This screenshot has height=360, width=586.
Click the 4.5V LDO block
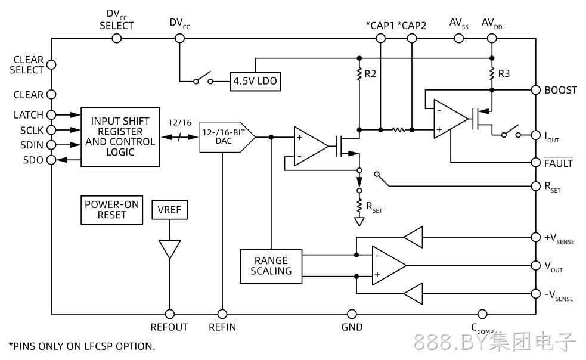click(x=255, y=81)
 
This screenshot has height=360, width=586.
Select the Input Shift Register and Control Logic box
click(x=120, y=137)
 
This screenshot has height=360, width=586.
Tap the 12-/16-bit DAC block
click(x=227, y=137)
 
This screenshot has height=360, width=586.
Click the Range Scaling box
click(x=271, y=266)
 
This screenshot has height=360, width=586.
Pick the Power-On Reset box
click(x=111, y=210)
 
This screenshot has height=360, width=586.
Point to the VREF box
click(x=170, y=210)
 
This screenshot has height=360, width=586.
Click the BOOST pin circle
click(x=535, y=90)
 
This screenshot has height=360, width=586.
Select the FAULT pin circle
click(x=535, y=162)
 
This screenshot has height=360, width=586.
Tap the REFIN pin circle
click(x=222, y=314)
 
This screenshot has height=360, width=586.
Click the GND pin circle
click(x=352, y=314)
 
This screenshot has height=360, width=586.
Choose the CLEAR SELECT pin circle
click(x=51, y=65)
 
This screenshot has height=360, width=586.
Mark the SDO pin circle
click(x=51, y=160)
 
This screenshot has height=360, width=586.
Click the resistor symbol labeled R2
click(x=359, y=74)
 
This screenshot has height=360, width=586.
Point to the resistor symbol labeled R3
click(x=492, y=74)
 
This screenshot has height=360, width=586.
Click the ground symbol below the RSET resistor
click(x=359, y=222)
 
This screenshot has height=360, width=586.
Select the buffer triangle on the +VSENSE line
click(x=413, y=237)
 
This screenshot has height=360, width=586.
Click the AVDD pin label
click(x=492, y=24)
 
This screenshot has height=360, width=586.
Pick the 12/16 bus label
click(x=180, y=123)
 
